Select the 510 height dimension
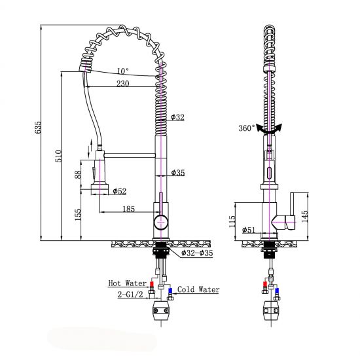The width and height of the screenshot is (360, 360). coord(58,156)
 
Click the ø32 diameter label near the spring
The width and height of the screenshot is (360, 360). coord(177,118)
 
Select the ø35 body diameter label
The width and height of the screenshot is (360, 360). coord(177,173)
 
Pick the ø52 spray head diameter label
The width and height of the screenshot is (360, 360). coord(120,191)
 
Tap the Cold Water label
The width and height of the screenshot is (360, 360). coord(197,289)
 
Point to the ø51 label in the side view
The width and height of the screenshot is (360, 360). coord(248,230)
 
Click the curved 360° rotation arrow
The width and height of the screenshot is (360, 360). coord(269,128)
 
